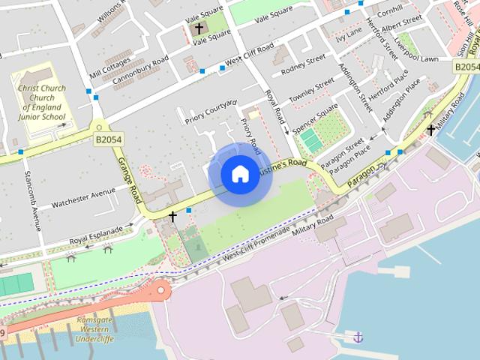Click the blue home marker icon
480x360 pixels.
pos(239,174)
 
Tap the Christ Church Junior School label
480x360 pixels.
pos(43,103)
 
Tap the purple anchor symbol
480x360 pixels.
pos(358,337)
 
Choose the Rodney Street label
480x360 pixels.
pos(303,64)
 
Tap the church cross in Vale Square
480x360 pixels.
pos(198,29)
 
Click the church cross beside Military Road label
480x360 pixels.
pos(430,130)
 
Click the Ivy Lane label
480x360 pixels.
pos(349,34)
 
